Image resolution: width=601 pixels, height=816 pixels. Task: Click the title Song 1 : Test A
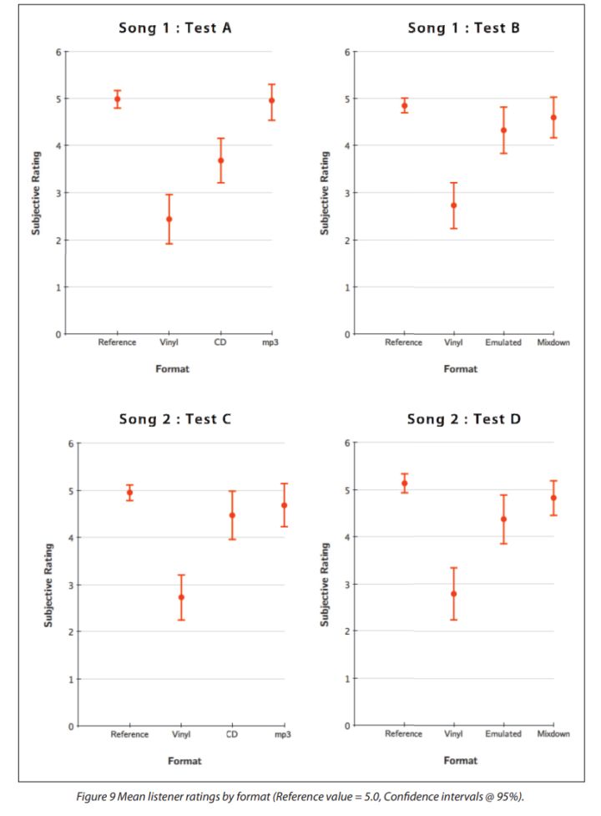[174, 28]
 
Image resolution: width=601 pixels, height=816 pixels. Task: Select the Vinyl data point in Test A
[169, 219]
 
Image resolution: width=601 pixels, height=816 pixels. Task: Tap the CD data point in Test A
[221, 160]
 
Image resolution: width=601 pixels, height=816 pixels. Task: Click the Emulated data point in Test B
[503, 130]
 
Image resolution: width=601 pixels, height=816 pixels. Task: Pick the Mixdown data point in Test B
[553, 118]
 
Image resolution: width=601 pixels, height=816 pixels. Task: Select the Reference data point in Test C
[129, 493]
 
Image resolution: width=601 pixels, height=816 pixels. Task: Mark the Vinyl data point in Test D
[453, 594]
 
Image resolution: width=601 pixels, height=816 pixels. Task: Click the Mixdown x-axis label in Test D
[553, 734]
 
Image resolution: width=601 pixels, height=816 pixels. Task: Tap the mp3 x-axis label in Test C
[283, 735]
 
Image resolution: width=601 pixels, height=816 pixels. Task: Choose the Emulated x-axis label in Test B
[503, 342]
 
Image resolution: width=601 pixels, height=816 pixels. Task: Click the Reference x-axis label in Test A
[117, 342]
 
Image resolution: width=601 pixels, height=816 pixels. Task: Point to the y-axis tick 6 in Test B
[346, 52]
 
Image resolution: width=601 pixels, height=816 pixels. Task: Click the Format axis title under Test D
[461, 761]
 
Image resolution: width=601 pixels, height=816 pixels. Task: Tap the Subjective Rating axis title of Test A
[37, 193]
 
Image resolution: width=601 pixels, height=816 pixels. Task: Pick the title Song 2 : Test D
[463, 419]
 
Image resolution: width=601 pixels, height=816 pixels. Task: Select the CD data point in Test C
[232, 515]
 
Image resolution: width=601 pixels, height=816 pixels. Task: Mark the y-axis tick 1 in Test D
[346, 678]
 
